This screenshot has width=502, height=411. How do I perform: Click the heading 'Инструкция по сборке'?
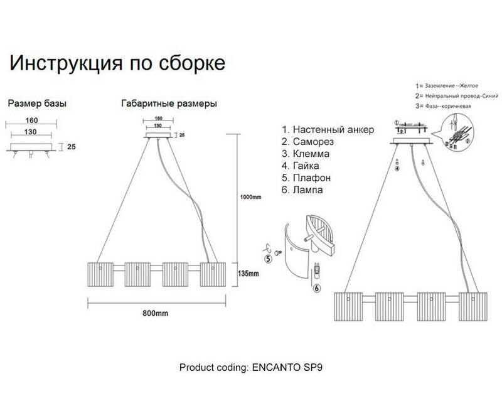115,64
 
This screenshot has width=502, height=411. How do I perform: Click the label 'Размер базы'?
36,103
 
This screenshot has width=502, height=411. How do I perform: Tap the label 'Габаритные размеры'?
169,103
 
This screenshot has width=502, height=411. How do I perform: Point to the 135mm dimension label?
248,274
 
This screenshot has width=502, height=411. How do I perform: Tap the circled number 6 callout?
317,289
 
